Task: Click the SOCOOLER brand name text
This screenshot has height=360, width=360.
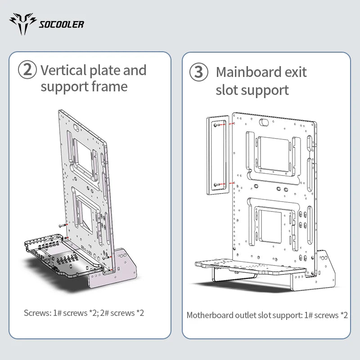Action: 61,24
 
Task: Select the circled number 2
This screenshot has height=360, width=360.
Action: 27,70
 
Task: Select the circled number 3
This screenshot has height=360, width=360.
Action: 199,72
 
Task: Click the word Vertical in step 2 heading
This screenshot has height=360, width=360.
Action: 63,70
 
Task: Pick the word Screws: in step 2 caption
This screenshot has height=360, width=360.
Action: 37,313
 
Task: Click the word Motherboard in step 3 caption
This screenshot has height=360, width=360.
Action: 210,315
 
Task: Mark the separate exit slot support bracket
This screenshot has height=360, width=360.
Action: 218,155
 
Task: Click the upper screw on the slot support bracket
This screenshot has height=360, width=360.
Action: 216,125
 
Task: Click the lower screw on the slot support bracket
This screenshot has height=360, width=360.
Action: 216,184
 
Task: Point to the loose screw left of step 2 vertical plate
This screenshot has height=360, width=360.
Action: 62,225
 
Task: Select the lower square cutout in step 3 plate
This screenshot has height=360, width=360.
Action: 270,227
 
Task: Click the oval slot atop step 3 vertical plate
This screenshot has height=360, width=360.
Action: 264,122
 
